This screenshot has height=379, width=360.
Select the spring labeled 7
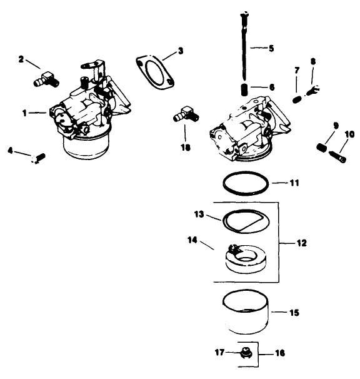point(297,98)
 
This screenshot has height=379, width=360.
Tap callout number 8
point(313,62)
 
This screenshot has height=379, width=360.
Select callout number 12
point(301,243)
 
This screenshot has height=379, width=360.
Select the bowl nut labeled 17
point(247,353)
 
